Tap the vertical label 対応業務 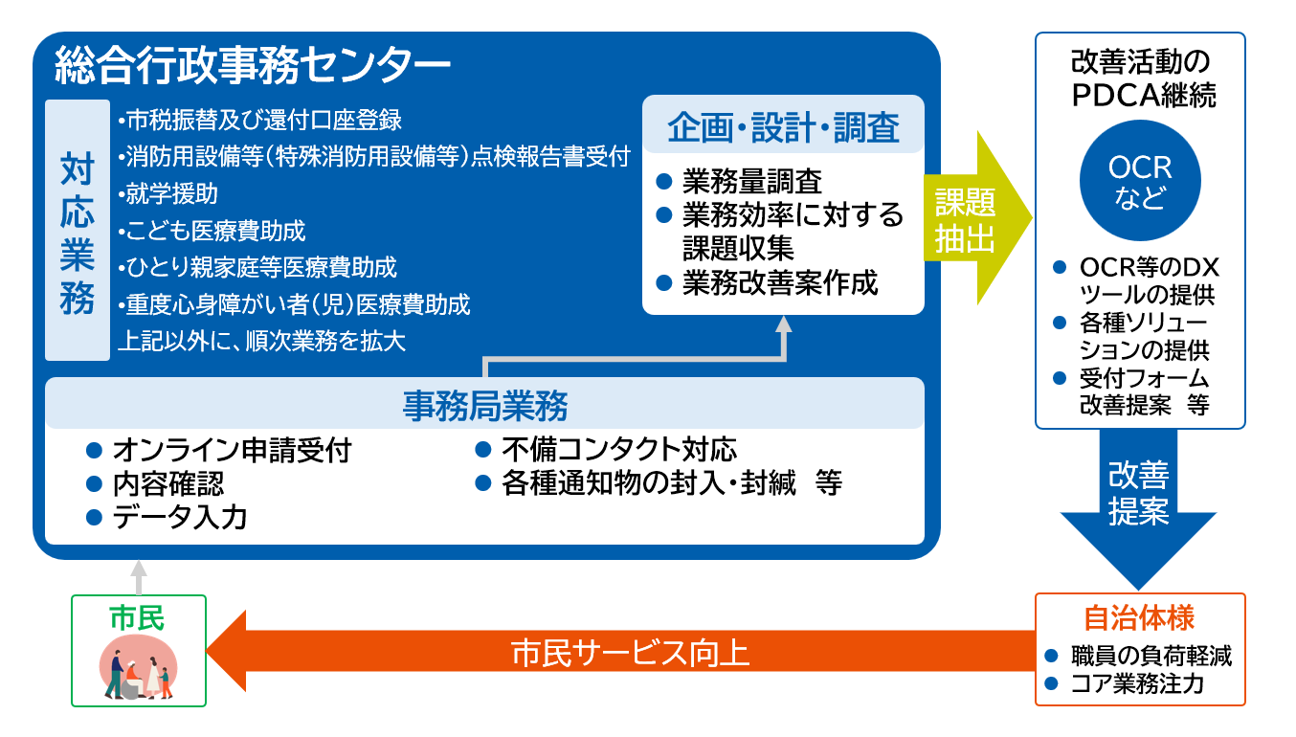78,231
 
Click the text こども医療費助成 212,231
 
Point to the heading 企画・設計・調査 783,126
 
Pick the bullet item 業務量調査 752,181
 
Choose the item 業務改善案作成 780,283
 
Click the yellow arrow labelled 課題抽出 967,219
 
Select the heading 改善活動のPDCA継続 1140,78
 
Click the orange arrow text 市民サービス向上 630,653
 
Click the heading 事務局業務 485,406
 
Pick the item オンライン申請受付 232,450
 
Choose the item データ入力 180,518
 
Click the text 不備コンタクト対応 619,450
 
